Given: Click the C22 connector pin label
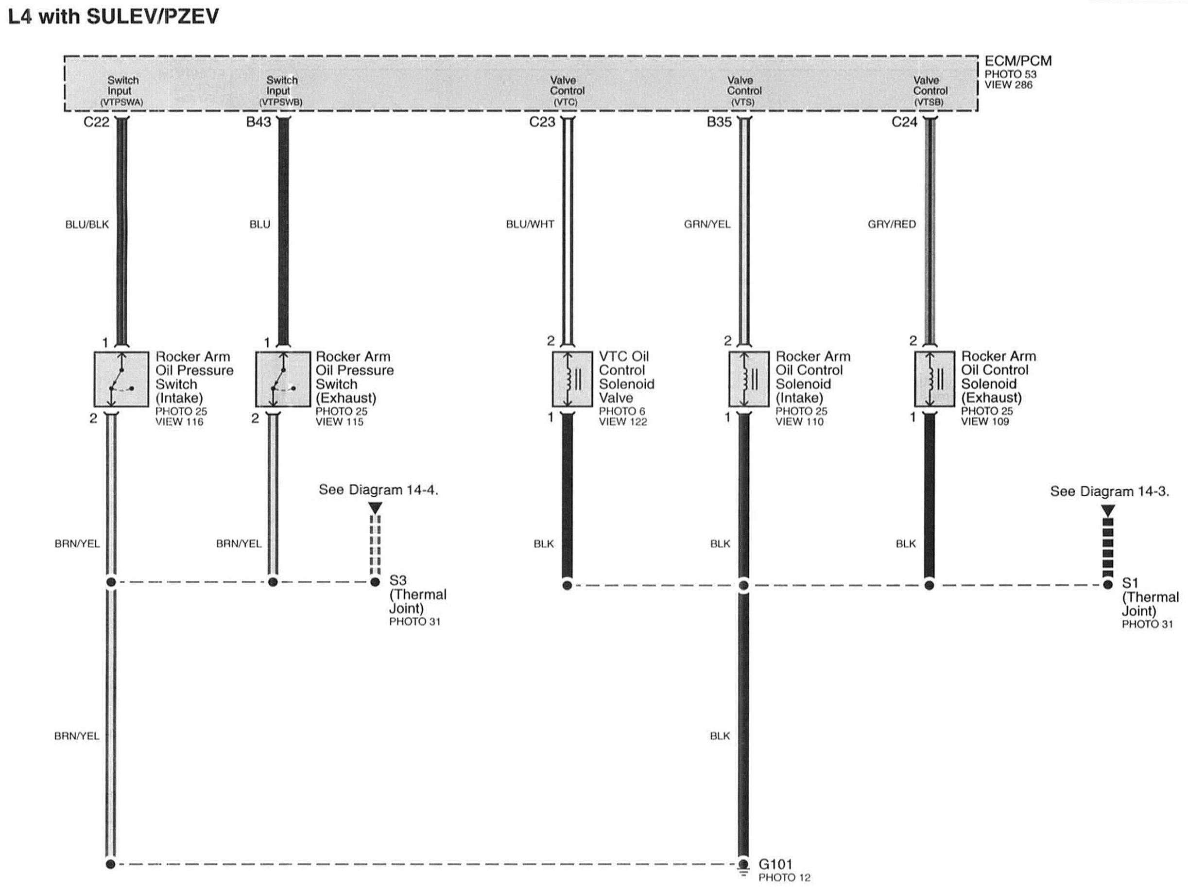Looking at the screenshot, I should (96, 122).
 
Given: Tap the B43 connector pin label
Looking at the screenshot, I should (258, 122).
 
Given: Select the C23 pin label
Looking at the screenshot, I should (542, 122).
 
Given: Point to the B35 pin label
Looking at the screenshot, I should (719, 122).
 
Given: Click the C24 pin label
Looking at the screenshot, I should (904, 122).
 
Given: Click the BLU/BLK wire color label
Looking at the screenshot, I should (87, 225).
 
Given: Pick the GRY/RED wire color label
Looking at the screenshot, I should (892, 225).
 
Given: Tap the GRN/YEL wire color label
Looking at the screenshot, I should (707, 225).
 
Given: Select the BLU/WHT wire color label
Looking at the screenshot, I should (530, 225).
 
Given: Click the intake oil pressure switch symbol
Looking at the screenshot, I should (121, 379).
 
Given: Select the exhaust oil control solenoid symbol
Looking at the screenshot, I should (934, 379).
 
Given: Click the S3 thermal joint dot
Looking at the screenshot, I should (375, 582).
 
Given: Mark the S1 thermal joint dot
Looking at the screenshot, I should (1107, 584).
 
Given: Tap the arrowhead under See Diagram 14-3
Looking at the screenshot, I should (1107, 510).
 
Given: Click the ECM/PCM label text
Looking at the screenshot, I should (1018, 61).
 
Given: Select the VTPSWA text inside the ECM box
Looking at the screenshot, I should (122, 102).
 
